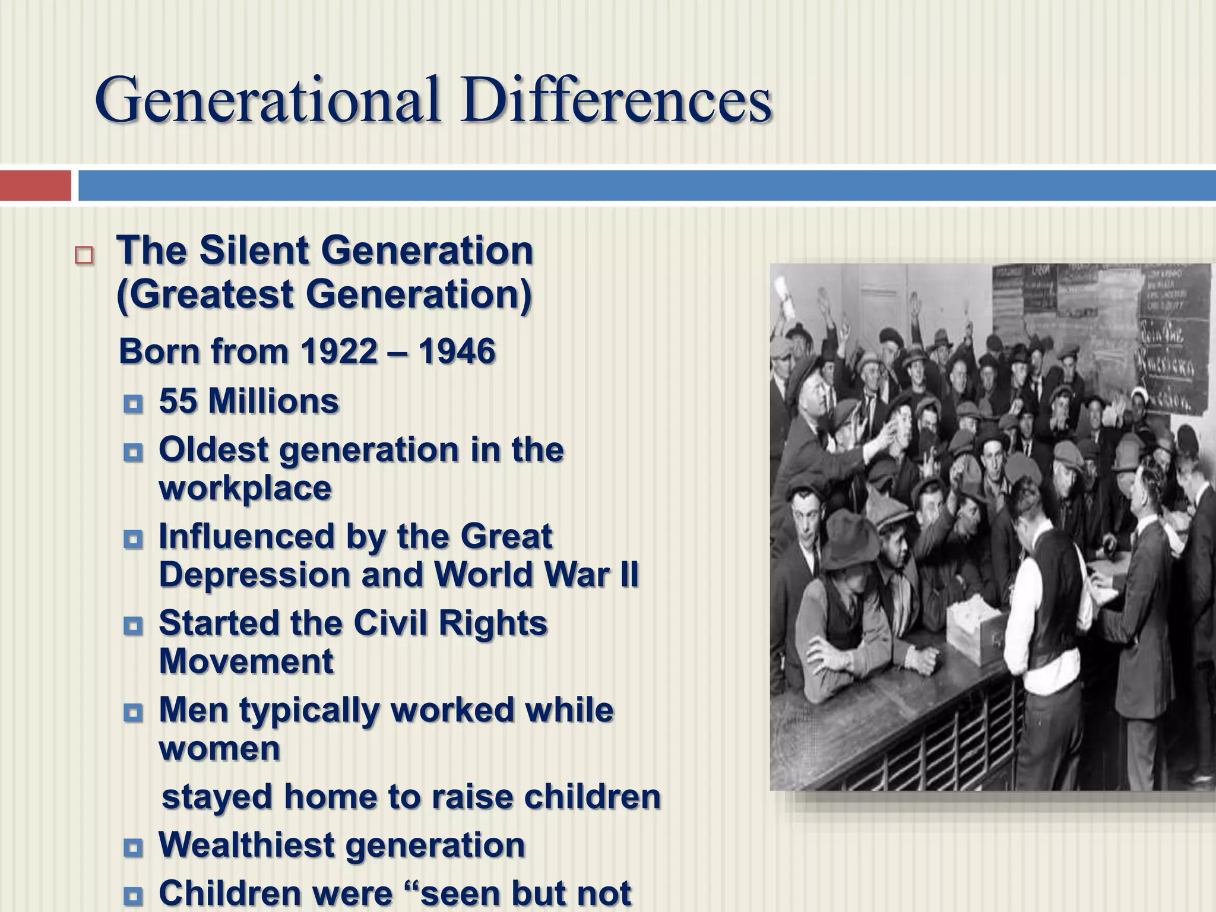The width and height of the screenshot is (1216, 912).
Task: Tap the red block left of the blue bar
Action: tap(35, 185)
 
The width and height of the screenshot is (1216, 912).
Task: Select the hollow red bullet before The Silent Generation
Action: tap(84, 255)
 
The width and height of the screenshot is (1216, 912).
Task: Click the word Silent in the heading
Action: tap(254, 251)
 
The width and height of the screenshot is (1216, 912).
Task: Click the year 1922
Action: tap(338, 351)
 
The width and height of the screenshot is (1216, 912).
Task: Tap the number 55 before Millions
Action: tap(178, 401)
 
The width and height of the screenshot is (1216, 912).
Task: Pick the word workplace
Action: tap(245, 488)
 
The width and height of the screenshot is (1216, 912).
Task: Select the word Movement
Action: tap(246, 661)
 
